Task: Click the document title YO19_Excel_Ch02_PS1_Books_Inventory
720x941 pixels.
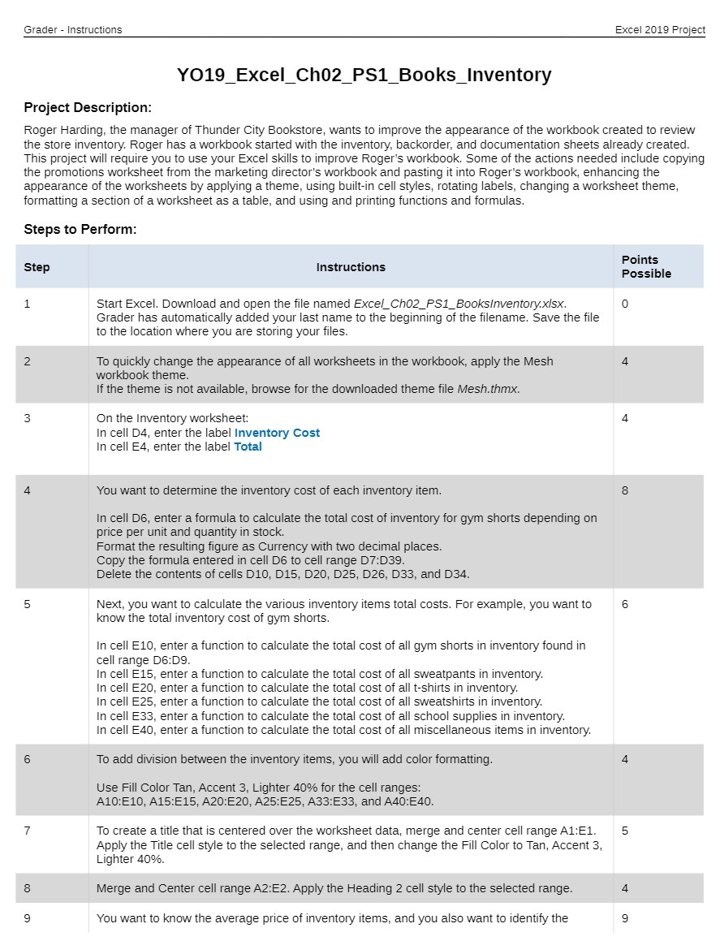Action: (364, 76)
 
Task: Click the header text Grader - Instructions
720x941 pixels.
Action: (73, 30)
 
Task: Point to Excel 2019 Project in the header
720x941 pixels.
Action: (660, 30)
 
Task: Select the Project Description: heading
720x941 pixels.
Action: (88, 108)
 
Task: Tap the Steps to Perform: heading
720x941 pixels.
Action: (80, 230)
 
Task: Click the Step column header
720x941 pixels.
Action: (37, 267)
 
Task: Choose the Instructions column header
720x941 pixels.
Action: (351, 267)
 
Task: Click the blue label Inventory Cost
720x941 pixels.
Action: (277, 433)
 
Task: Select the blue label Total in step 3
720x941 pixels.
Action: (248, 447)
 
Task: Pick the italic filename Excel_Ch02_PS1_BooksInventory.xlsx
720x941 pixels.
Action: (459, 304)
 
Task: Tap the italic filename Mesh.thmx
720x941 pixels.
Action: (487, 389)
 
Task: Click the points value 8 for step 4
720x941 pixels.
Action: (625, 490)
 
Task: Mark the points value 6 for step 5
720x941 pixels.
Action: (625, 604)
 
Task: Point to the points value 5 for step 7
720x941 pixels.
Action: (625, 831)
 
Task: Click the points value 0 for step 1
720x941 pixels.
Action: (625, 304)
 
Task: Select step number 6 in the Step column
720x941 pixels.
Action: (28, 759)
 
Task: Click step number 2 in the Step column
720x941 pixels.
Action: (28, 361)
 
